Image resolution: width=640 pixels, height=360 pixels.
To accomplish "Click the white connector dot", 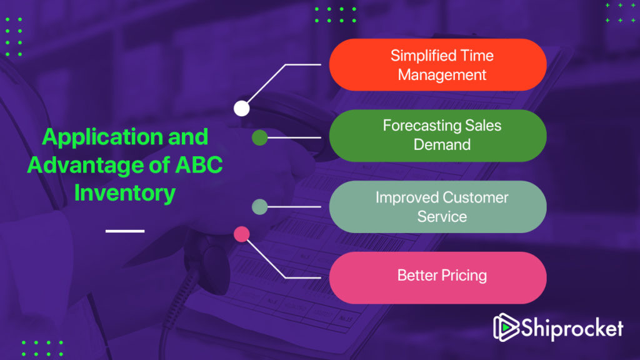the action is click(242, 109).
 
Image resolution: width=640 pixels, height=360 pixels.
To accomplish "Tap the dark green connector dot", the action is click(259, 138).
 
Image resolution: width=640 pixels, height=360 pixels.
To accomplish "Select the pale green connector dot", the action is click(259, 207).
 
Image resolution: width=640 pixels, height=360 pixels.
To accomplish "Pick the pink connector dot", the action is click(242, 234).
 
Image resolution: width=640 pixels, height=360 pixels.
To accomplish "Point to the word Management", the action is click(442, 75).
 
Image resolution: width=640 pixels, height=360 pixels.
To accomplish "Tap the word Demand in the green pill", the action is click(442, 144).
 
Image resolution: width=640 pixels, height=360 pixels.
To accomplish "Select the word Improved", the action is click(406, 198).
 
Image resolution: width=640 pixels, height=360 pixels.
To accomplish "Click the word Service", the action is click(442, 216).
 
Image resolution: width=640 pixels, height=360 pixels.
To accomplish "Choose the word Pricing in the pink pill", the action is click(464, 276).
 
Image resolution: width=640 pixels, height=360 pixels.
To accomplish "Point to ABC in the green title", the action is click(199, 165).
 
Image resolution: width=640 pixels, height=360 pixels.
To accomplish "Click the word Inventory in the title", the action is click(125, 193).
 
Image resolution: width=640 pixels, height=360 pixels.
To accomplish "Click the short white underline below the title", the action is click(125, 231).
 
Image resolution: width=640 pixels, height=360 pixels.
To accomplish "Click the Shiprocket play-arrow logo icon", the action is click(506, 327).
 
